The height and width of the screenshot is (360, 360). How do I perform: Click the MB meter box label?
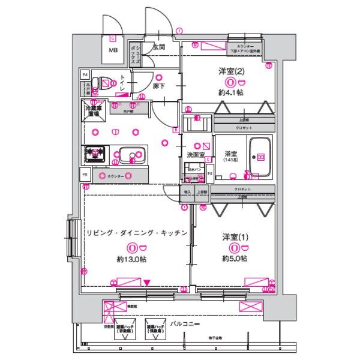pos(113,50)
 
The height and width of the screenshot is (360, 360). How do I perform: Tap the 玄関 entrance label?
pos(159,46)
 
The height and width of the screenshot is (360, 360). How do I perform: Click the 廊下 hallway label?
pos(158,86)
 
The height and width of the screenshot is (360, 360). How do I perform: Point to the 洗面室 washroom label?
pos(195,155)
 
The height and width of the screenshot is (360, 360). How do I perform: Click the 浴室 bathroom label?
pos(230,154)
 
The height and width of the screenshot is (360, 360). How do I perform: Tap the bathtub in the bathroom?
pos(261,157)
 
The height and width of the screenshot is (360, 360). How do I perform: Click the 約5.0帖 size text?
pos(234,259)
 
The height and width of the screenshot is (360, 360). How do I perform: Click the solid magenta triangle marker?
pos(147,282)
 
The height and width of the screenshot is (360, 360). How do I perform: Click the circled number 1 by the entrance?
pos(178,31)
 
